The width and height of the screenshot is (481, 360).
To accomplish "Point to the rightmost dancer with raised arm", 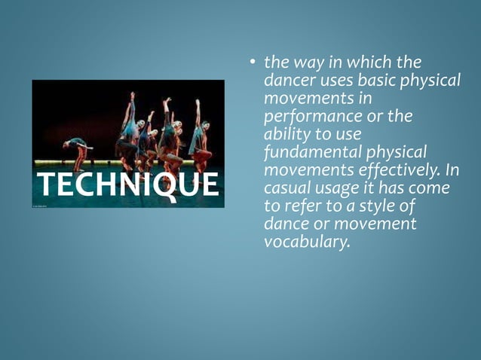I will coord(201,136).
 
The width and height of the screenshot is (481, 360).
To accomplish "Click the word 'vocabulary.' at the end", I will coord(308,242).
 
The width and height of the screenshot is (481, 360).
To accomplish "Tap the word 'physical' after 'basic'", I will coord(429,80).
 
